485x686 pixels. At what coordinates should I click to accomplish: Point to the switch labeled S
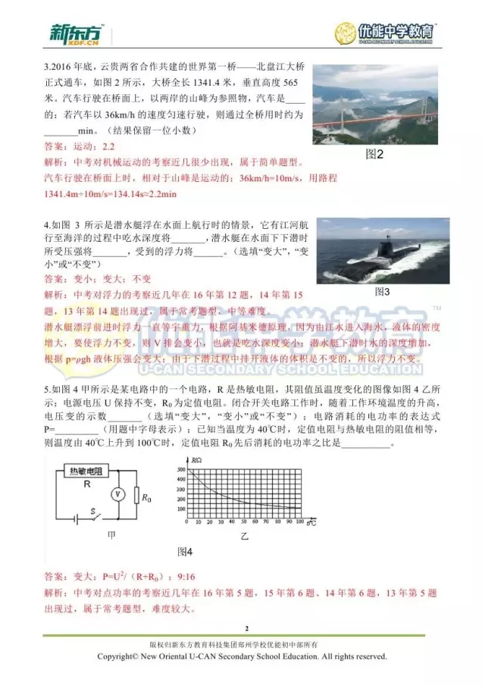(x=93, y=514)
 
